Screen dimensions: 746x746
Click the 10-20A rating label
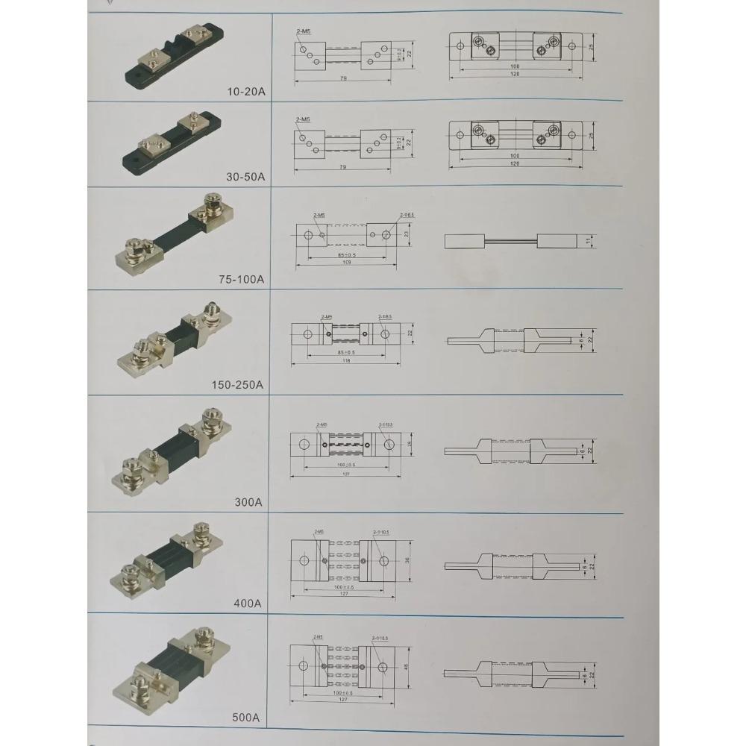pyautogui.click(x=246, y=92)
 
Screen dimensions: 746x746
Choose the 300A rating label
pyautogui.click(x=248, y=502)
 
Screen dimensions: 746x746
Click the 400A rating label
pyautogui.click(x=248, y=603)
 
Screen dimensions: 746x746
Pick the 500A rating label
pyautogui.click(x=246, y=718)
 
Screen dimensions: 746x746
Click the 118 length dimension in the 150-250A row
pyautogui.click(x=345, y=360)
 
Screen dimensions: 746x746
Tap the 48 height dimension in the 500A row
pyautogui.click(x=407, y=668)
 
